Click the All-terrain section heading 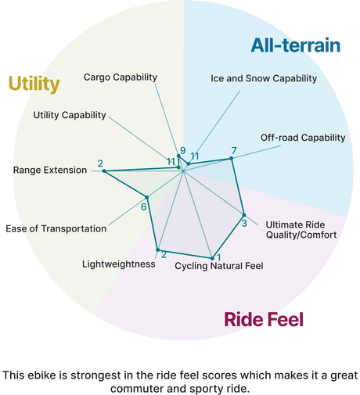tap(296, 45)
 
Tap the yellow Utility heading tap(34, 84)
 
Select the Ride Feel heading tap(264, 319)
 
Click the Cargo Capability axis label tap(121, 77)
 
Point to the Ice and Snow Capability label tap(264, 78)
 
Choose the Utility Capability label tap(70, 115)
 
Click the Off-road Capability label tap(303, 138)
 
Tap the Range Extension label tap(50, 170)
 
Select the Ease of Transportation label tap(56, 228)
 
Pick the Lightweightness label tap(119, 264)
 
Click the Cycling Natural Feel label tap(219, 266)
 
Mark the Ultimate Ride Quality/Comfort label tap(301, 230)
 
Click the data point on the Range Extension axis tap(104, 171)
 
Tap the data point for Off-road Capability tap(231, 158)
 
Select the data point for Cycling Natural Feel tap(212, 258)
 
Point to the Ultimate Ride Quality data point tap(244, 215)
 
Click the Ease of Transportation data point tap(147, 197)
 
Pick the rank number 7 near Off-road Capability tap(234, 151)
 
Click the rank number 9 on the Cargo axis tap(183, 150)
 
